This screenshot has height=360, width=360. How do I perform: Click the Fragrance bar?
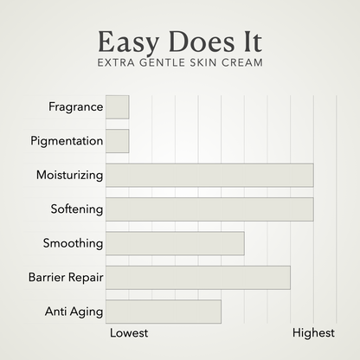coord(117,106)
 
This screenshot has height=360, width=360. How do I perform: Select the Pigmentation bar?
coord(117,140)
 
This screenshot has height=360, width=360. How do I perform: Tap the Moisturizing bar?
coord(209,175)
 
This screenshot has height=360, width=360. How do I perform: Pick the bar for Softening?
coord(209,209)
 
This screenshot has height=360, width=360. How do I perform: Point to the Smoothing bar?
coord(174,243)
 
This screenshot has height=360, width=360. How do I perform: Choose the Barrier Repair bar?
coord(197,277)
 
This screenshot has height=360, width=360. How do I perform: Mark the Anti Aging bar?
coord(163,311)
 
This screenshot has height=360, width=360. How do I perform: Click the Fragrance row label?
coord(76,106)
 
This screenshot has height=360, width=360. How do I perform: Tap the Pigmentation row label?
coord(67,140)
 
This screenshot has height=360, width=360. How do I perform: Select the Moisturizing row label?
coord(69,175)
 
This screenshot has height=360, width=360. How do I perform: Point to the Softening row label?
coord(77,209)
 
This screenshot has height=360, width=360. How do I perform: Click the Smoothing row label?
coord(73,243)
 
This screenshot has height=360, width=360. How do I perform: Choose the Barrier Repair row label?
coord(66,277)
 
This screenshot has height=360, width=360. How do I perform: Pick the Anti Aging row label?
coord(74,311)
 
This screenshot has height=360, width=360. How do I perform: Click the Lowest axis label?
coord(129,332)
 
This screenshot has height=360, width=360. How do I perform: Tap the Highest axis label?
coord(313,332)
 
